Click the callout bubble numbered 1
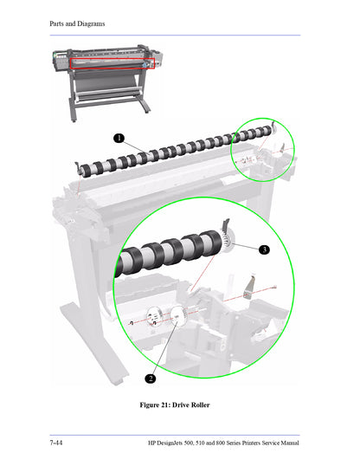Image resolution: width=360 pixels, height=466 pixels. pos(118,137)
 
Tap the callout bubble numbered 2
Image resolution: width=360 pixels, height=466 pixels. pos(150,378)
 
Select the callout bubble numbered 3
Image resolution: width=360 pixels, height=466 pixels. pos(264,249)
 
